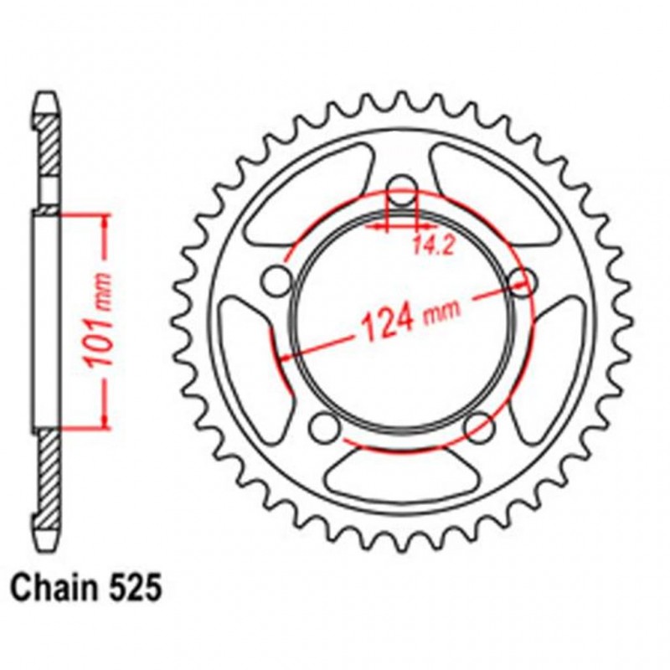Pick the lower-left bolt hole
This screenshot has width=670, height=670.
(322, 427)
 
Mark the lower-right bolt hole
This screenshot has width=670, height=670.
(478, 427)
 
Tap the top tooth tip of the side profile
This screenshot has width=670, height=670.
(47, 94)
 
